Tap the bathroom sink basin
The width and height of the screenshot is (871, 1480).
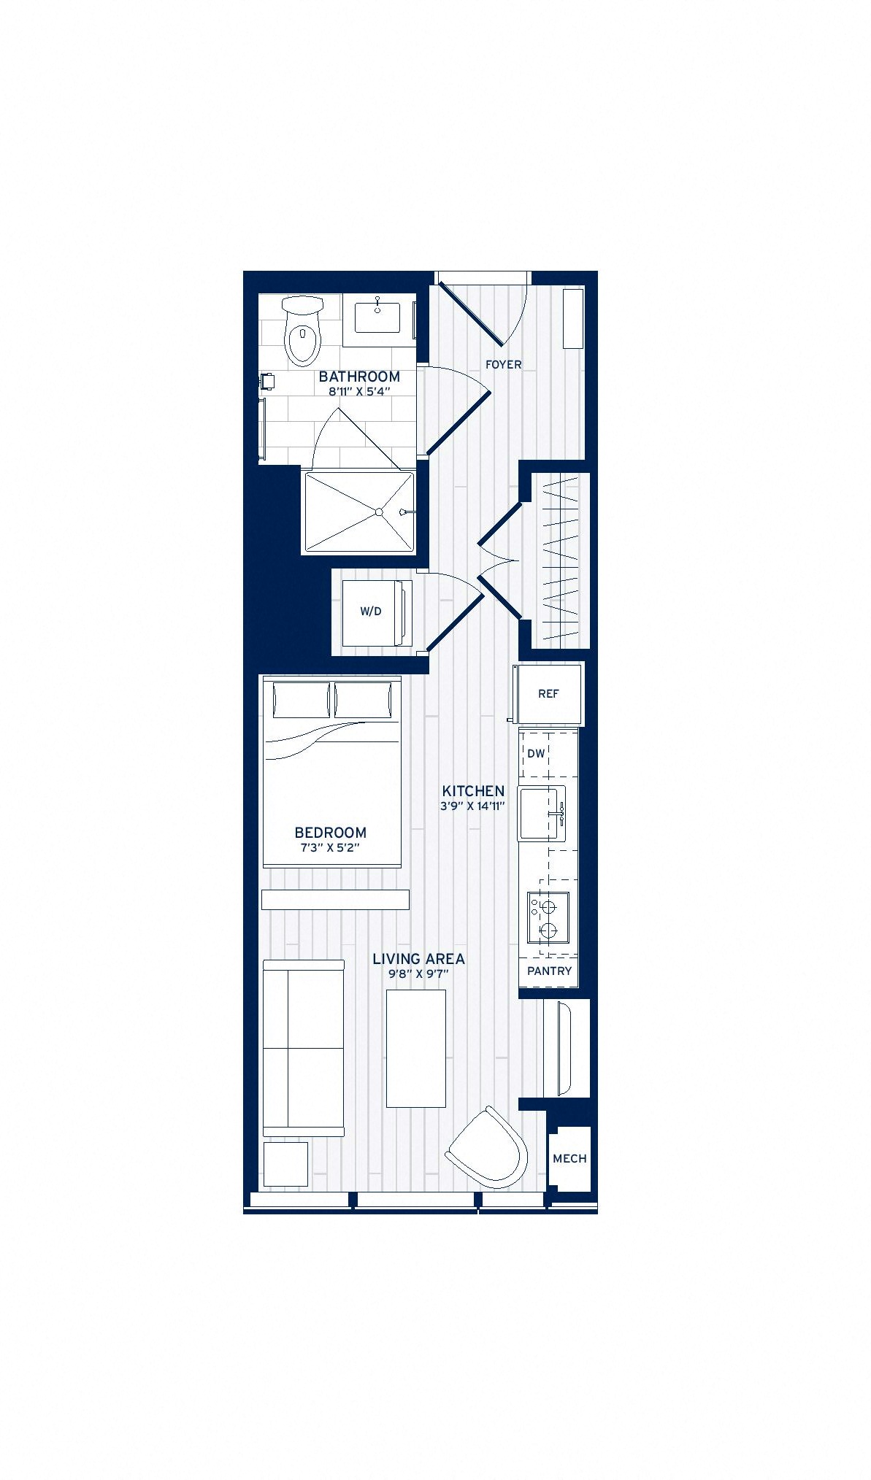[x=377, y=315]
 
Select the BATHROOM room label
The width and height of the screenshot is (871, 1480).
[x=359, y=377]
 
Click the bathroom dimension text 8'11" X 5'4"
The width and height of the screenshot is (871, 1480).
[x=359, y=391]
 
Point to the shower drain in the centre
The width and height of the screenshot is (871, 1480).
[x=379, y=512]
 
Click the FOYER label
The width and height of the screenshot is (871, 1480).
[x=504, y=364]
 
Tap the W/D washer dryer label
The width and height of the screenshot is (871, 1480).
[x=371, y=612]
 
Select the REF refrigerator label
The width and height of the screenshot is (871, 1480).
[x=548, y=694]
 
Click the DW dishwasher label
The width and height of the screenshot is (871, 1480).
[x=536, y=753]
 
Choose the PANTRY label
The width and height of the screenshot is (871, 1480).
[x=549, y=971]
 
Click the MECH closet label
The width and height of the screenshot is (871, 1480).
[x=569, y=1158]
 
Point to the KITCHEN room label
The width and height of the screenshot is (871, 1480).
[x=473, y=791]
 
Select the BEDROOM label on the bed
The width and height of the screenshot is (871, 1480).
[x=330, y=833]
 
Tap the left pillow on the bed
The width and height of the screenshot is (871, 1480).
[x=302, y=701]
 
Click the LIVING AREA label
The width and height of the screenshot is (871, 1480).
[x=418, y=959]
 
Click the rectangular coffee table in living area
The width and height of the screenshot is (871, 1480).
[x=416, y=1048]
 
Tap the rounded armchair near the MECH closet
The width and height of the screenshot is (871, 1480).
[x=487, y=1148]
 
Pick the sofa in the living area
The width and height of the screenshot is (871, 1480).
[x=303, y=1048]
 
